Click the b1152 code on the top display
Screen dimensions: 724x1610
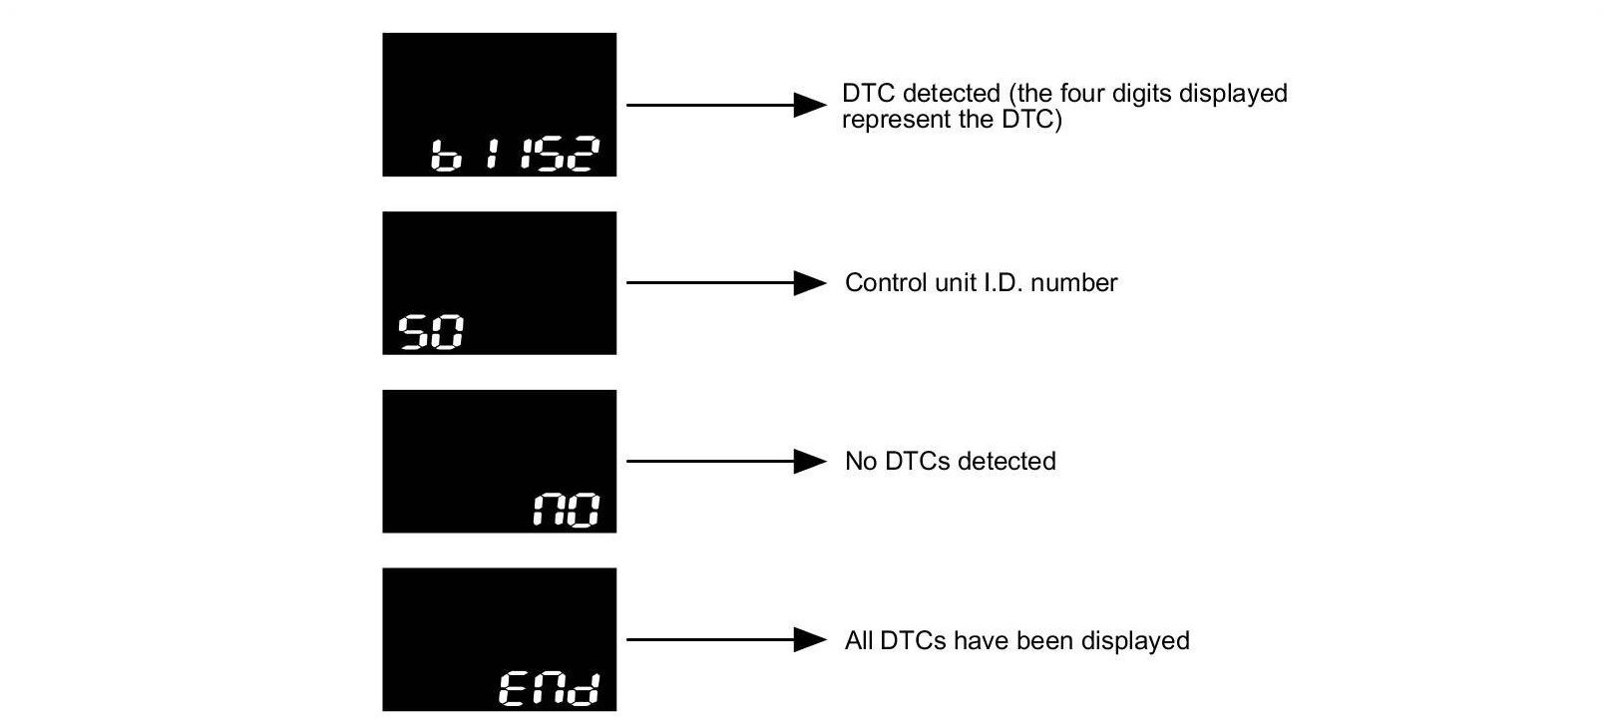pyautogui.click(x=515, y=156)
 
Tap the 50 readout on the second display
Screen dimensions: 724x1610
pyautogui.click(x=431, y=332)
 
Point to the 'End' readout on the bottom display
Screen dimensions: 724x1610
pyautogui.click(x=550, y=689)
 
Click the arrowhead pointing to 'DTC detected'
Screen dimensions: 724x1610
pyautogui.click(x=809, y=105)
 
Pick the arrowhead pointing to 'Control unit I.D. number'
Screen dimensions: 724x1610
pyautogui.click(x=809, y=283)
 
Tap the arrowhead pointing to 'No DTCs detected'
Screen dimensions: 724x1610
pyautogui.click(x=809, y=462)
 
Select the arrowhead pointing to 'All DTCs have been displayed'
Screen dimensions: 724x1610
pyautogui.click(x=809, y=639)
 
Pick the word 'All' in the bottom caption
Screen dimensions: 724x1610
pyautogui.click(x=858, y=639)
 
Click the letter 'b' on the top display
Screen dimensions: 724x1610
pyautogui.click(x=445, y=156)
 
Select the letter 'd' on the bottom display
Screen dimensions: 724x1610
pyautogui.click(x=589, y=689)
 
